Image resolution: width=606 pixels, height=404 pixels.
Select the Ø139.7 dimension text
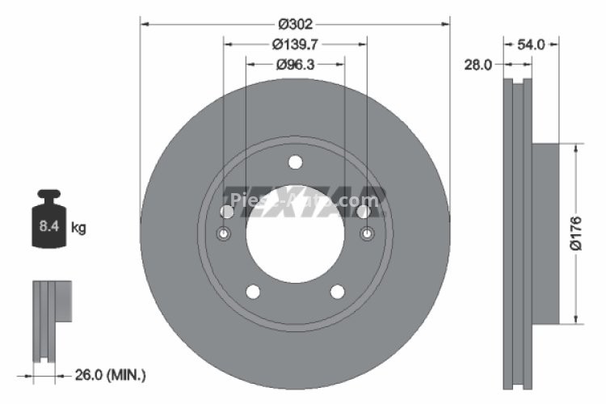[x=295, y=44]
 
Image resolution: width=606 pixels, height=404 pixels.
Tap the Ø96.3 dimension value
[x=295, y=64]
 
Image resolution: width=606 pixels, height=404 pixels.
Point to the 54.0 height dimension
[x=530, y=45]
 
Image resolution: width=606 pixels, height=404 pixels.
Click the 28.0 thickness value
[x=478, y=65]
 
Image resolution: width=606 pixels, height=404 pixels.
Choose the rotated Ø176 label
[x=575, y=234]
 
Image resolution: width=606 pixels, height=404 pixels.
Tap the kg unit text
[x=78, y=228]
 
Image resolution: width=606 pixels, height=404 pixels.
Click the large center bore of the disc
[x=295, y=234]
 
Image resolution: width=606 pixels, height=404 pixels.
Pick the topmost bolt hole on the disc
[x=295, y=162]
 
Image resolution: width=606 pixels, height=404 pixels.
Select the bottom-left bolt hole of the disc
[x=252, y=292]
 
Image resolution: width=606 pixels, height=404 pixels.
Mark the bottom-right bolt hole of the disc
[x=338, y=292]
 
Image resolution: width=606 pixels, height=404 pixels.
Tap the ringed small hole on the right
[x=365, y=234]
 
